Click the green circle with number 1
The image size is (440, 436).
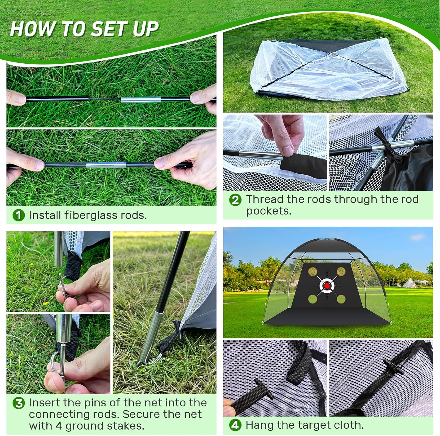click(x=18, y=216)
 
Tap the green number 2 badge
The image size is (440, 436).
click(x=235, y=200)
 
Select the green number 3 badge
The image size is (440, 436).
click(x=18, y=403)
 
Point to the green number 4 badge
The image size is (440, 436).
click(x=235, y=425)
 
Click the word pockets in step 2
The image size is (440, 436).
click(x=268, y=211)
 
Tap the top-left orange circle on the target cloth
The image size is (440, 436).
click(x=313, y=272)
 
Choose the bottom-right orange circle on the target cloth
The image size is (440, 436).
click(x=341, y=299)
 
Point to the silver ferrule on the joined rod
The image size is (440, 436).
click(x=106, y=165)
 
